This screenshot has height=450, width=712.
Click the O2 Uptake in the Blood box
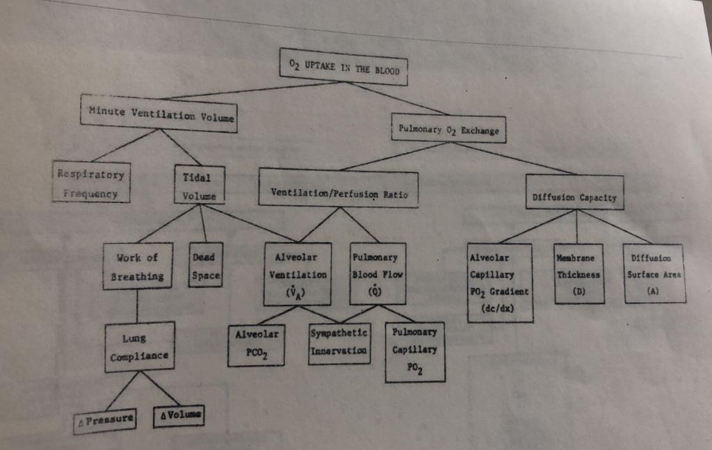click(343, 66)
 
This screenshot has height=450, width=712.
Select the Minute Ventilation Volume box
click(160, 114)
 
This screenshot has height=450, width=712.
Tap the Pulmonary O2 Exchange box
click(448, 129)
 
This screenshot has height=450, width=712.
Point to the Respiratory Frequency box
click(92, 182)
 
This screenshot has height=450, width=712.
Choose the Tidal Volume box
click(200, 185)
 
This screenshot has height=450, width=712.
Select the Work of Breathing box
click(136, 266)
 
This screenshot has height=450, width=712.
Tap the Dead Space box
click(205, 266)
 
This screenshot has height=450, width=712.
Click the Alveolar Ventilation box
click(298, 274)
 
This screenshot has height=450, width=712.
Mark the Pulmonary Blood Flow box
click(375, 274)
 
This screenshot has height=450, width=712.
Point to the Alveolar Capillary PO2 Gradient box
click(500, 282)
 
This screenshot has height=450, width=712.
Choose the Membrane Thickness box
click(578, 273)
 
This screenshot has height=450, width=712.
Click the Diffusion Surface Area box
click(654, 273)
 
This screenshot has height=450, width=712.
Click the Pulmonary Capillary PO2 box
click(414, 351)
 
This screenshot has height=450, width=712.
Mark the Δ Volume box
click(179, 416)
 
